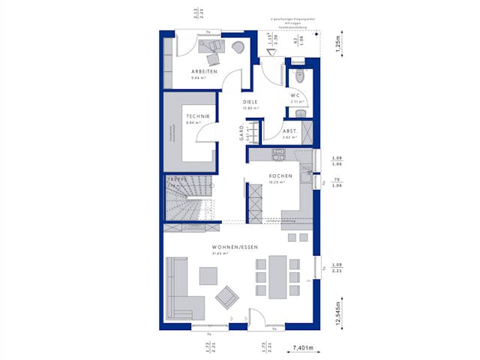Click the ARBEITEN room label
[x=204, y=72]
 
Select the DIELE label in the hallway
[x=250, y=103]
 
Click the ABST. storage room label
[x=291, y=130]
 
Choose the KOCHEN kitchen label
[x=280, y=175]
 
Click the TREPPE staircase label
[x=177, y=180]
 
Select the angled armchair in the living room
[x=226, y=298]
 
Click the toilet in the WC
[x=300, y=76]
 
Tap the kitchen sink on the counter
[x=276, y=156]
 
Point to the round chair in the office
[x=238, y=47]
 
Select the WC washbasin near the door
[x=300, y=112]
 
